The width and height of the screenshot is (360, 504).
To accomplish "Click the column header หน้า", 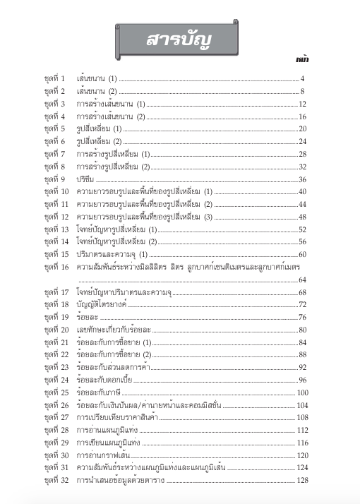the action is (301, 61).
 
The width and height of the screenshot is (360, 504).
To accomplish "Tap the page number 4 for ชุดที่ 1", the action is (302, 78).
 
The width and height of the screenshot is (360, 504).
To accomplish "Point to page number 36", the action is (302, 179).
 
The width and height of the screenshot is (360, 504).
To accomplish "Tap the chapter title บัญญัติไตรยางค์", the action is (103, 305).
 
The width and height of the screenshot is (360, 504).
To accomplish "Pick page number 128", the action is (303, 481).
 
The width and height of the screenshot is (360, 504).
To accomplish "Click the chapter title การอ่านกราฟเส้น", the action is (104, 456).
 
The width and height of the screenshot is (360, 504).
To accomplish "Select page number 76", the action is (302, 318).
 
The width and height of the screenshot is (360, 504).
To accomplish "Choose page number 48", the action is (302, 217).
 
